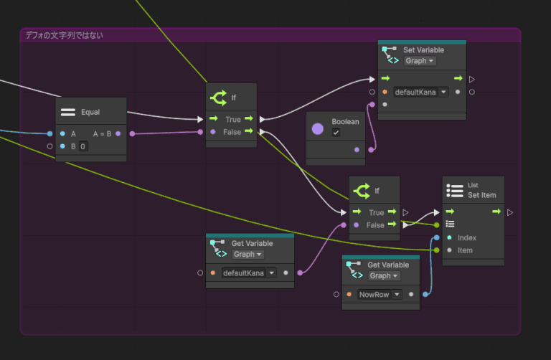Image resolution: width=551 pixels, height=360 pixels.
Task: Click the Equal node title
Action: [x=90, y=112]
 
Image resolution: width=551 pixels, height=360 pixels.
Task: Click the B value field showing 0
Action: [x=83, y=146]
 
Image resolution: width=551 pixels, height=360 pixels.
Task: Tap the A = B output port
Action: [x=118, y=133]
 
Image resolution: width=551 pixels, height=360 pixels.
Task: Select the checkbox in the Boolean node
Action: [x=336, y=133]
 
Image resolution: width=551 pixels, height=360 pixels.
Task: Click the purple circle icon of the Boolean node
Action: [x=319, y=128]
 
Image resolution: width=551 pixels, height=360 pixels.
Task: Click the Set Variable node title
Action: [x=423, y=50]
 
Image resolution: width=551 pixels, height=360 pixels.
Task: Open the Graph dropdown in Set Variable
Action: [x=420, y=61]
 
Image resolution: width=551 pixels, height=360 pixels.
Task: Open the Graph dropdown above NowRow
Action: [x=384, y=275]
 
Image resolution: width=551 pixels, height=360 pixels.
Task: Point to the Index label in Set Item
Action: [x=467, y=237]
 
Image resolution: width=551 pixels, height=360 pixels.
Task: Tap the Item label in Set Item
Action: [x=465, y=250]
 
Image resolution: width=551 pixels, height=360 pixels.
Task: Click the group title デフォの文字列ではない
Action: [x=64, y=34]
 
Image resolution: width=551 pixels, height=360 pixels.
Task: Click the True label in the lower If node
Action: [x=376, y=212]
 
